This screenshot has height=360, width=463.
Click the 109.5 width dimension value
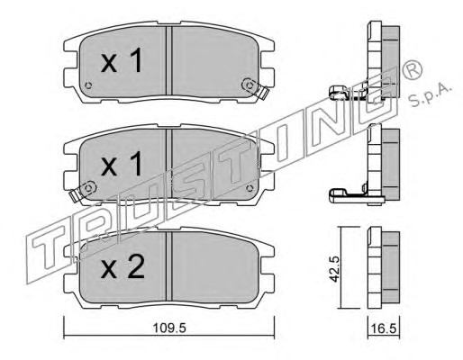[169, 328]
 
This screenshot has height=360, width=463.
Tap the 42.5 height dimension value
[334, 268]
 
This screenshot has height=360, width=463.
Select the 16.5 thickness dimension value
[385, 328]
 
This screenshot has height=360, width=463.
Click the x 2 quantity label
[123, 268]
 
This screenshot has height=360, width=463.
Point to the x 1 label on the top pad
[122, 61]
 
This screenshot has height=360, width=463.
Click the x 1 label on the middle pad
[122, 165]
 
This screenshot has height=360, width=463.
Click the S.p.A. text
[431, 94]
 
